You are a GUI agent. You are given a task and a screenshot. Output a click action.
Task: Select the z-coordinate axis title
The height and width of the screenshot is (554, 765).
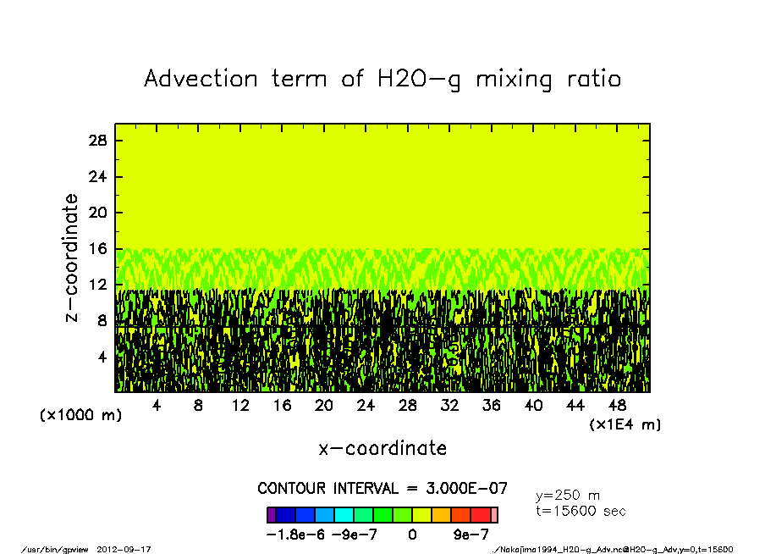coord(72,258)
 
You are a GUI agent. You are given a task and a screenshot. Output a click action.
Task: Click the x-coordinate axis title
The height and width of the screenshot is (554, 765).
coord(382,448)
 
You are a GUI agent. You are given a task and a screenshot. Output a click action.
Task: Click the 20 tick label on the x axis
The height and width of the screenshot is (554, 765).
coord(323,406)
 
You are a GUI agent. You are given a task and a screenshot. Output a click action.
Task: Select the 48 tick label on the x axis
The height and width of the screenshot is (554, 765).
coord(617,406)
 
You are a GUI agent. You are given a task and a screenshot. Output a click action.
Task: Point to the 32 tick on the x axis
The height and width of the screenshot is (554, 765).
coord(449,406)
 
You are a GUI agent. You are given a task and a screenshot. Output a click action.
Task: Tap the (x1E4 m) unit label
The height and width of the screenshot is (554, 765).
coord(625,424)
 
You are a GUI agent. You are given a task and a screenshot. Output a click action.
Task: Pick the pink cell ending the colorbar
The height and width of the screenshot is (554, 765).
coord(494,514)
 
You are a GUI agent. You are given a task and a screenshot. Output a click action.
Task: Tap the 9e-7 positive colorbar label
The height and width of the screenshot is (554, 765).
coord(471,535)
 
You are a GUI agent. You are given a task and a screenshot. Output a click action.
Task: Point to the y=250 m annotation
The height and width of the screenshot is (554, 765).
coord(568,496)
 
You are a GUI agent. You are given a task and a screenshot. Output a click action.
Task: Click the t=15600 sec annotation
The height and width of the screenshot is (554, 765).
coord(581,511)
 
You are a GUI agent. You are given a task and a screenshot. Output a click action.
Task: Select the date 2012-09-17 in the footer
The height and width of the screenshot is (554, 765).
coord(130,549)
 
